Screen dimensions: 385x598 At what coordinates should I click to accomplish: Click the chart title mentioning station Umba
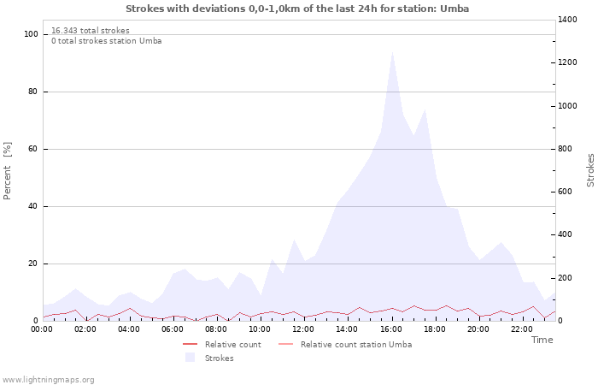point(297,9)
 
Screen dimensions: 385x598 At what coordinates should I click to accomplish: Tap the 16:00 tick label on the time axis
point(391,329)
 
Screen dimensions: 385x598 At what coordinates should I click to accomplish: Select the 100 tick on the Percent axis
point(32,34)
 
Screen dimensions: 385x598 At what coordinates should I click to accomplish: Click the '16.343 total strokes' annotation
point(91,31)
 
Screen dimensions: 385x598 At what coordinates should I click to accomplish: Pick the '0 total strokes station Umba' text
point(106,41)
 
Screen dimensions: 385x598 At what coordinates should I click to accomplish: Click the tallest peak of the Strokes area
point(392,52)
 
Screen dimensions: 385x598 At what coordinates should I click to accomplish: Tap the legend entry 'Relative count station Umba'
point(355,345)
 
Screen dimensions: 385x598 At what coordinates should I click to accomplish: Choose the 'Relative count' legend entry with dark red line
point(232,345)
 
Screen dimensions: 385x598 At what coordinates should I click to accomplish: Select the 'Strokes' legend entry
point(219,358)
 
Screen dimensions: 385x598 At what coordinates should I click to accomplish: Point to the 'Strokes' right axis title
point(590,170)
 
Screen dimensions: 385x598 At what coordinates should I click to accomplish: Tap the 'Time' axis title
point(542,340)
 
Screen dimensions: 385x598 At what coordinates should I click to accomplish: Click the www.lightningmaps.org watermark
point(48,379)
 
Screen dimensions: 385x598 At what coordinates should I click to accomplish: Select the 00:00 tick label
point(43,329)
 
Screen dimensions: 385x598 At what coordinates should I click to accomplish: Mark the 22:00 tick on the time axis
point(522,329)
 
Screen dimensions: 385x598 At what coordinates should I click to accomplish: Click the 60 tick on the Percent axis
point(34,149)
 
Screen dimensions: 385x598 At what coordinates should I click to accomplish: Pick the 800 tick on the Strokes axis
point(569,149)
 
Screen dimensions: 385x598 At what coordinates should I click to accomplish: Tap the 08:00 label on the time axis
point(217,329)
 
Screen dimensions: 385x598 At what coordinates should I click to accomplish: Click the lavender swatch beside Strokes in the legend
point(190,358)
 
